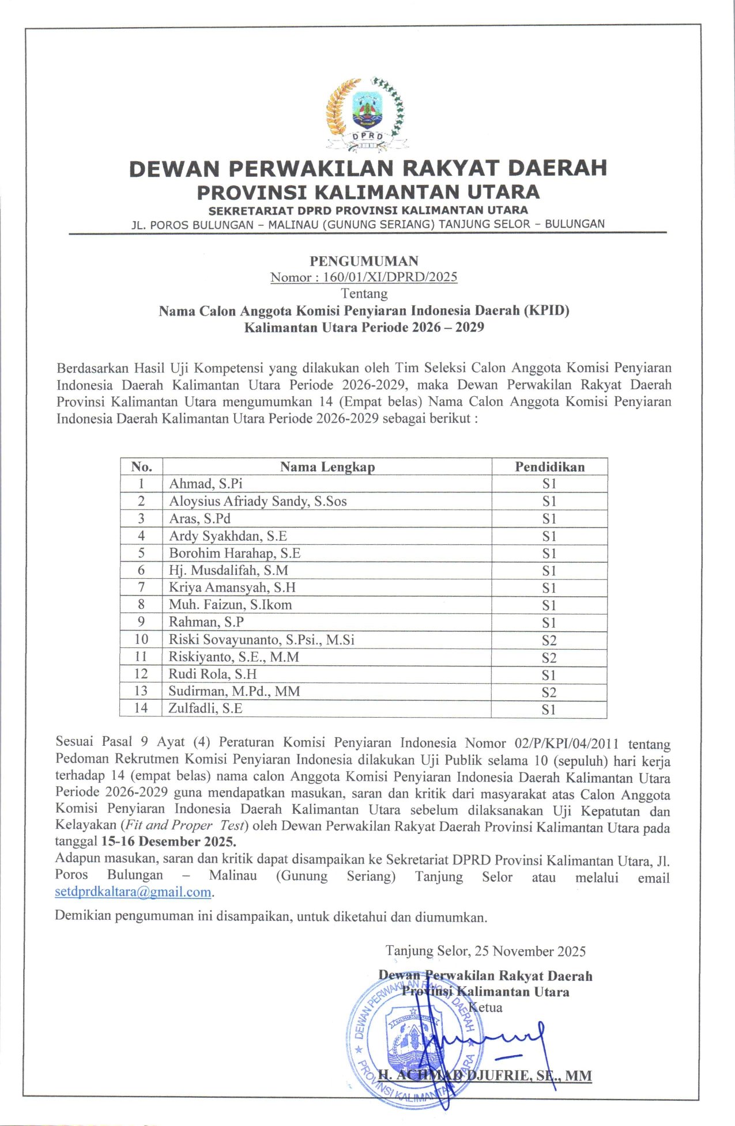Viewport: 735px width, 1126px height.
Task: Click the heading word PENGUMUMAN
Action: click(364, 261)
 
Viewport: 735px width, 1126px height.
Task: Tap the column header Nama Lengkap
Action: click(327, 467)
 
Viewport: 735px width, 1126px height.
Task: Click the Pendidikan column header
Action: click(549, 467)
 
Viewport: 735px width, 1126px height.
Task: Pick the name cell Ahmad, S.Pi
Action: click(206, 484)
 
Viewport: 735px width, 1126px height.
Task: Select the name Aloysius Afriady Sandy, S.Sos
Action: click(258, 501)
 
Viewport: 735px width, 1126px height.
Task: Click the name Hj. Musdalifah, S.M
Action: click(228, 570)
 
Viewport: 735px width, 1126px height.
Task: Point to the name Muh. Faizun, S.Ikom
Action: click(230, 605)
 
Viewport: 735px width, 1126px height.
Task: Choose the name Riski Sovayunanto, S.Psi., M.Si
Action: click(261, 639)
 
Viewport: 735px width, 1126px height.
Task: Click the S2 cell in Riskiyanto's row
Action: click(549, 657)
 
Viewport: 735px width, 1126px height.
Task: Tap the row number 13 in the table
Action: click(141, 691)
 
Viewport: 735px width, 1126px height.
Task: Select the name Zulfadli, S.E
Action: click(205, 708)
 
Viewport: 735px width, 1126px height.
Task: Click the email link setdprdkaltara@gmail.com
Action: click(133, 892)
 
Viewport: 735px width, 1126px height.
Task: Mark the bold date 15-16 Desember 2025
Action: click(168, 841)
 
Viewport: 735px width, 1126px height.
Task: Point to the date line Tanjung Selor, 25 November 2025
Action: click(485, 951)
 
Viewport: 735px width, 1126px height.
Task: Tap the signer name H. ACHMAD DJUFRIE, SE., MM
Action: click(484, 1075)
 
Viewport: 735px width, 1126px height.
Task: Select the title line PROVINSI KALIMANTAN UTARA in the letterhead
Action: click(368, 192)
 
